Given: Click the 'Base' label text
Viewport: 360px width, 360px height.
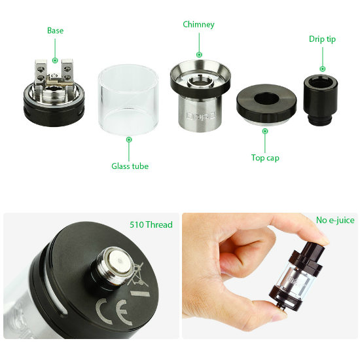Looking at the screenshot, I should point(55,31).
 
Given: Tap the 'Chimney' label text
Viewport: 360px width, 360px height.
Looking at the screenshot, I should point(198,25).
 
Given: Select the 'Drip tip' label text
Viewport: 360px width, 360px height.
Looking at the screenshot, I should point(322,39).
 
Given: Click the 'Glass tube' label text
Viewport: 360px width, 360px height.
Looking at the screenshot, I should point(130,166).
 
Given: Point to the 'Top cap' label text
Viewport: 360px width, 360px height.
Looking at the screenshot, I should point(265,158).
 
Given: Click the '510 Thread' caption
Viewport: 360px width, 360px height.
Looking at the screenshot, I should point(151,225).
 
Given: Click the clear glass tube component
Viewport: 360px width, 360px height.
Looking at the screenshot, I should point(129,98).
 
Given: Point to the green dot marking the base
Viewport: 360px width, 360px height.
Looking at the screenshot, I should point(55,60).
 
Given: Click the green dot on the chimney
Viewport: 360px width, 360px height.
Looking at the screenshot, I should point(199,54).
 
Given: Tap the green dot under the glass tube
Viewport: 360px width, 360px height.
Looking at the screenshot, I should point(130,139).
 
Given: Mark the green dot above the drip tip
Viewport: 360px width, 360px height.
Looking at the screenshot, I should point(322,68).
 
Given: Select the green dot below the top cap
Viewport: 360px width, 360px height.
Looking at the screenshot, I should point(265,131).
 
